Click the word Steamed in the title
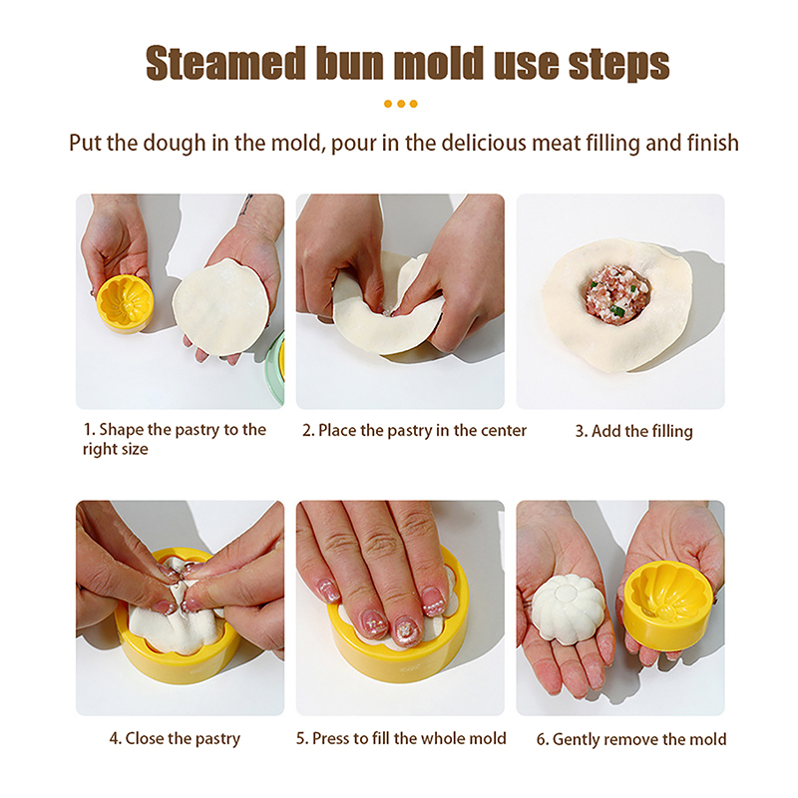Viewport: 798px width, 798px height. coord(226,64)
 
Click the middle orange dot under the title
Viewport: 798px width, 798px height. coord(401,104)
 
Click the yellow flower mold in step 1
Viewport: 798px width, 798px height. coord(125,304)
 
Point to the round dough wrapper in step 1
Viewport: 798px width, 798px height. coord(220,307)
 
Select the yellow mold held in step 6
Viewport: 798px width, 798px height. coord(666,604)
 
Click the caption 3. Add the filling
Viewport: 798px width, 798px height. coord(633,432)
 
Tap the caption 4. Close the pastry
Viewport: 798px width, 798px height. coord(175,739)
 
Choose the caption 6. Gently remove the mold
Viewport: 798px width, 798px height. coord(631,739)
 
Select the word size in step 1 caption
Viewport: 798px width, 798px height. coord(134,450)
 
